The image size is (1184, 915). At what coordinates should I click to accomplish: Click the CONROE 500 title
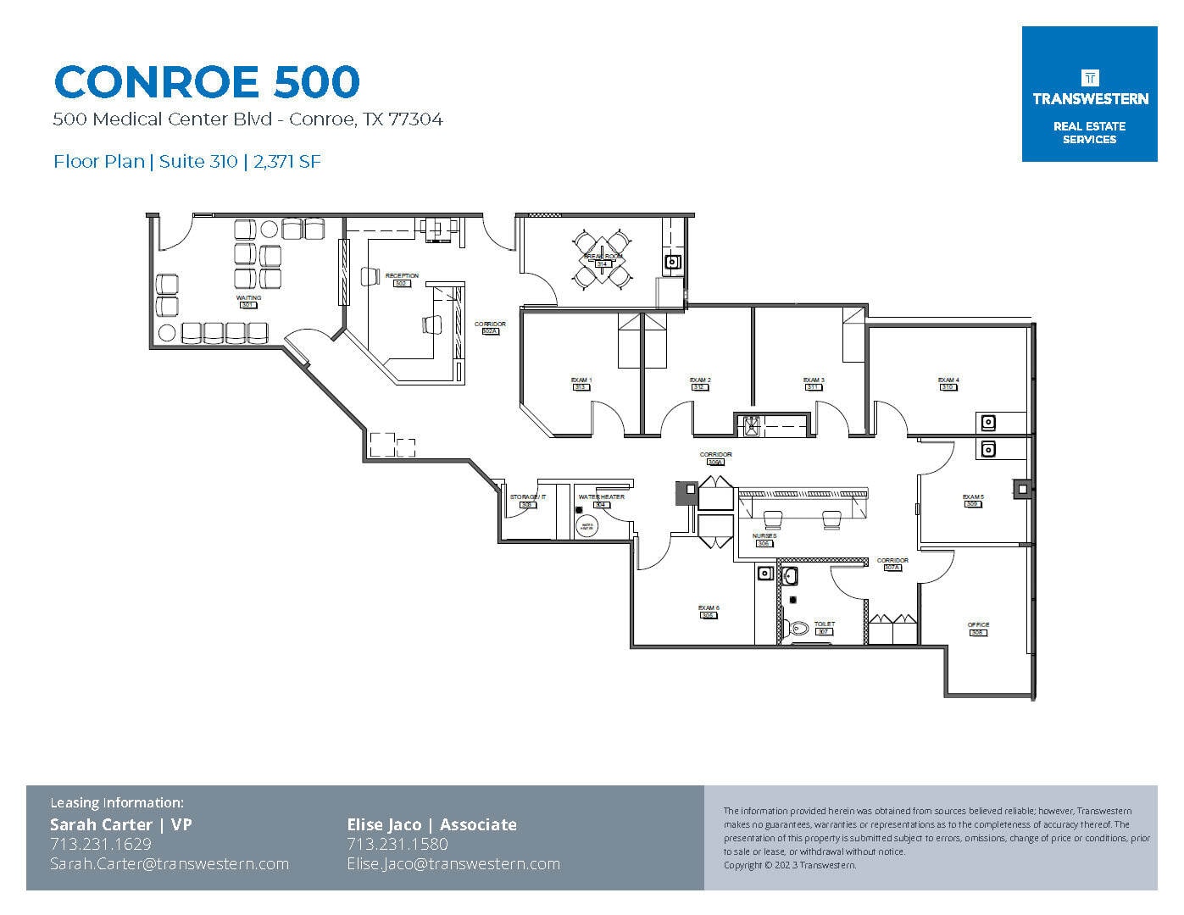[x=207, y=82]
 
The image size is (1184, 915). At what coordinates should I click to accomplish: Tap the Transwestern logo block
[x=1089, y=94]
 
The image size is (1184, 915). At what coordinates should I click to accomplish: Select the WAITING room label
[x=248, y=299]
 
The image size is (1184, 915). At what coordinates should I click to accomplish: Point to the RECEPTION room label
[x=402, y=277]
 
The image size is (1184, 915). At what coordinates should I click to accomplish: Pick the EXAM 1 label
[x=581, y=381]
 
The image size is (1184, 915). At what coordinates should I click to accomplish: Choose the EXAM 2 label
[x=699, y=381]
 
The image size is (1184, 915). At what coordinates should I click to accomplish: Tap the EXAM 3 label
[x=814, y=381]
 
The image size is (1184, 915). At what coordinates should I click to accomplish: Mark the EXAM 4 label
[x=948, y=381]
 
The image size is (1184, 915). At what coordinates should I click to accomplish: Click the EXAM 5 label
[x=973, y=498]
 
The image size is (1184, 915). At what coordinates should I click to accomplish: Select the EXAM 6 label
[x=709, y=609]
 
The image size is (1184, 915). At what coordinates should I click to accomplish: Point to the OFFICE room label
[x=978, y=626]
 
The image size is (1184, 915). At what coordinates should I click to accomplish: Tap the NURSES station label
[x=764, y=537]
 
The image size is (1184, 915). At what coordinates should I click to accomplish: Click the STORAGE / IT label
[x=527, y=498]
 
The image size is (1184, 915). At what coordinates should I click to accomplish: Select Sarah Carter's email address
[x=170, y=864]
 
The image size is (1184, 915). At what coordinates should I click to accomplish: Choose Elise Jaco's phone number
[x=397, y=844]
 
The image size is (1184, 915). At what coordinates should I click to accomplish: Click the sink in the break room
[x=673, y=262]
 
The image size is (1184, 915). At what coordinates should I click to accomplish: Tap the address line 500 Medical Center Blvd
[x=247, y=119]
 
